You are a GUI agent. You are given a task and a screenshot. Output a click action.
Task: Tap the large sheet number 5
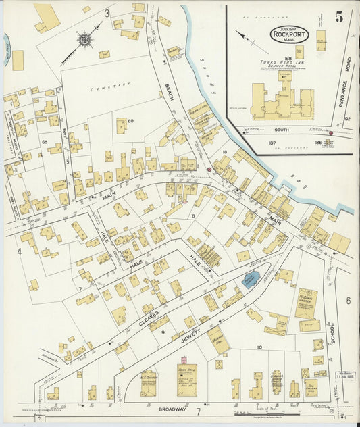[x=339, y=18]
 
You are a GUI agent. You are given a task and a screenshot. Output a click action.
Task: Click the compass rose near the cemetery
[x=85, y=41]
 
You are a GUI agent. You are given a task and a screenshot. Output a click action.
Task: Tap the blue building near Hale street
[x=250, y=279]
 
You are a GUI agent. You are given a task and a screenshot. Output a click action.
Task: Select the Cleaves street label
[x=149, y=316]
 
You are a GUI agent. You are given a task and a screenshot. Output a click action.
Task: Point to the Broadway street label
[x=172, y=410]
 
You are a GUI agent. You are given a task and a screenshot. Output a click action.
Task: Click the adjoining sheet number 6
[x=349, y=300]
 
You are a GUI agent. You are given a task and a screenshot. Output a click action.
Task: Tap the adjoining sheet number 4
[x=19, y=252]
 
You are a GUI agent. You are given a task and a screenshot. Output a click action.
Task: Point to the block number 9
[x=162, y=332]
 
